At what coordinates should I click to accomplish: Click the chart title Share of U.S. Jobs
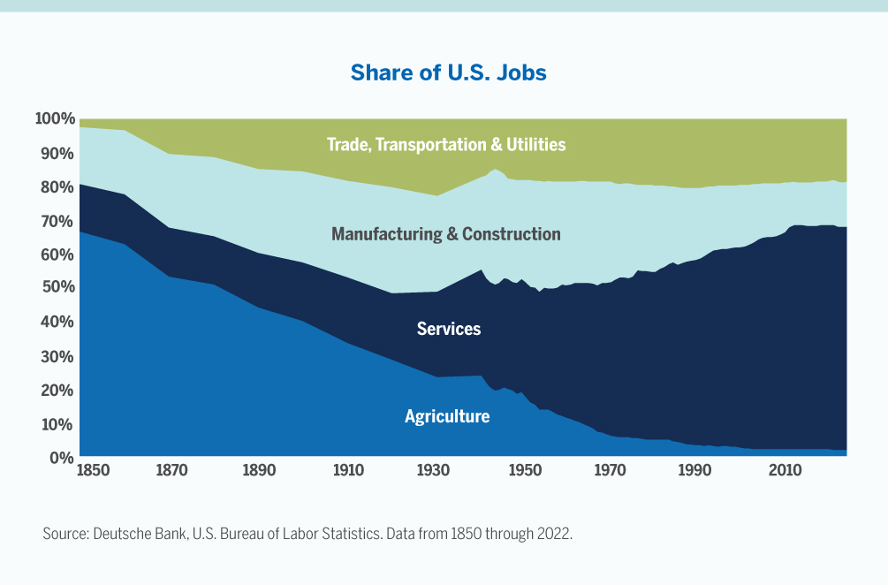[448, 72]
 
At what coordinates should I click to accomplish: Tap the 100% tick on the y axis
[54, 118]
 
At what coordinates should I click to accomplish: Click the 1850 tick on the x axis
[94, 470]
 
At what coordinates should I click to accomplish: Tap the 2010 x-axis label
[785, 470]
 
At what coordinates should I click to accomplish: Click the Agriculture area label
[446, 416]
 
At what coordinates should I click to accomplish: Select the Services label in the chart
[449, 329]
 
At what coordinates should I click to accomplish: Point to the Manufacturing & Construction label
[445, 234]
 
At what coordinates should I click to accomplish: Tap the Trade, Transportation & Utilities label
[445, 144]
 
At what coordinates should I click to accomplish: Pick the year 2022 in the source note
[555, 535]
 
